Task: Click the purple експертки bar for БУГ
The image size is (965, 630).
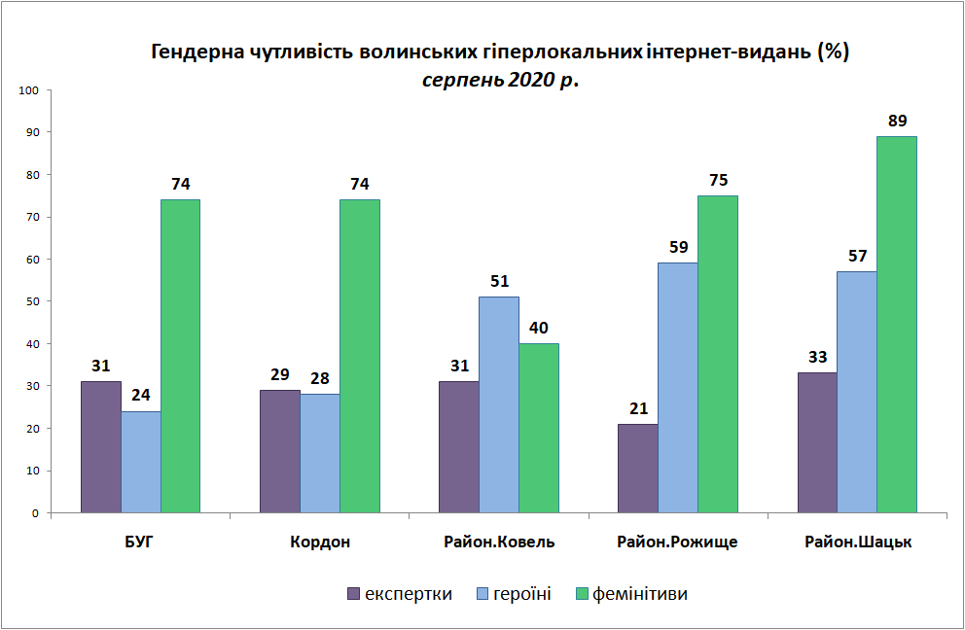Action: pyautogui.click(x=101, y=447)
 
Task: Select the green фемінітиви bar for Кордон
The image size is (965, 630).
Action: pyautogui.click(x=360, y=356)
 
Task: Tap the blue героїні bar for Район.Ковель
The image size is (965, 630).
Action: pyautogui.click(x=499, y=404)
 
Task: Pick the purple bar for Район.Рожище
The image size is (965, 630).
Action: pyautogui.click(x=638, y=469)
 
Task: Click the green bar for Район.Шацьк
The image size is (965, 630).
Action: pyautogui.click(x=897, y=325)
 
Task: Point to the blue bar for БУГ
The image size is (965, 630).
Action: pyautogui.click(x=141, y=462)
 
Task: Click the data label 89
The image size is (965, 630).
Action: pyautogui.click(x=897, y=121)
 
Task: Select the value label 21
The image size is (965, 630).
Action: pyautogui.click(x=638, y=408)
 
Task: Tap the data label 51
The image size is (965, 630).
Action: pyautogui.click(x=499, y=281)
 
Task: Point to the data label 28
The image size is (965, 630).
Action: pyautogui.click(x=320, y=378)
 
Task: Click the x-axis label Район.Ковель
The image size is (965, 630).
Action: pyautogui.click(x=499, y=542)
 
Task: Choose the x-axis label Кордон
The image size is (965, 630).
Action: pyautogui.click(x=320, y=542)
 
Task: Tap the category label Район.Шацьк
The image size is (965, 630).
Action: pyautogui.click(x=858, y=542)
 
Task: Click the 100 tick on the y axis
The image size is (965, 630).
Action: pyautogui.click(x=29, y=90)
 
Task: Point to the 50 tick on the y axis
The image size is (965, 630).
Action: pyautogui.click(x=32, y=301)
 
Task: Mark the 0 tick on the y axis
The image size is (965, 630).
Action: pyautogui.click(x=36, y=513)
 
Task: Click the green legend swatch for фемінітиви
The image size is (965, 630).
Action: pyautogui.click(x=582, y=594)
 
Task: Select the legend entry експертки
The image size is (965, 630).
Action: pyautogui.click(x=400, y=594)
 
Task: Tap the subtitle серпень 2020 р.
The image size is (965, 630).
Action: pyautogui.click(x=500, y=80)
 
